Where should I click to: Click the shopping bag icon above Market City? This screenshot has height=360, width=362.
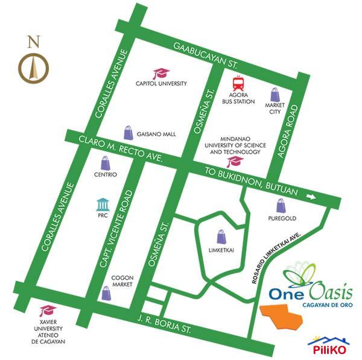275,94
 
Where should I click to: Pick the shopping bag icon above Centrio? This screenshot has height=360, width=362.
105,163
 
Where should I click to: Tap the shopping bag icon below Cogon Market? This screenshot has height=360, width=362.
106,294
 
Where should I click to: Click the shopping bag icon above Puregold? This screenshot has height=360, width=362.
279,206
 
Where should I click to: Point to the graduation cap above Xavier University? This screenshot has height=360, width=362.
45,311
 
